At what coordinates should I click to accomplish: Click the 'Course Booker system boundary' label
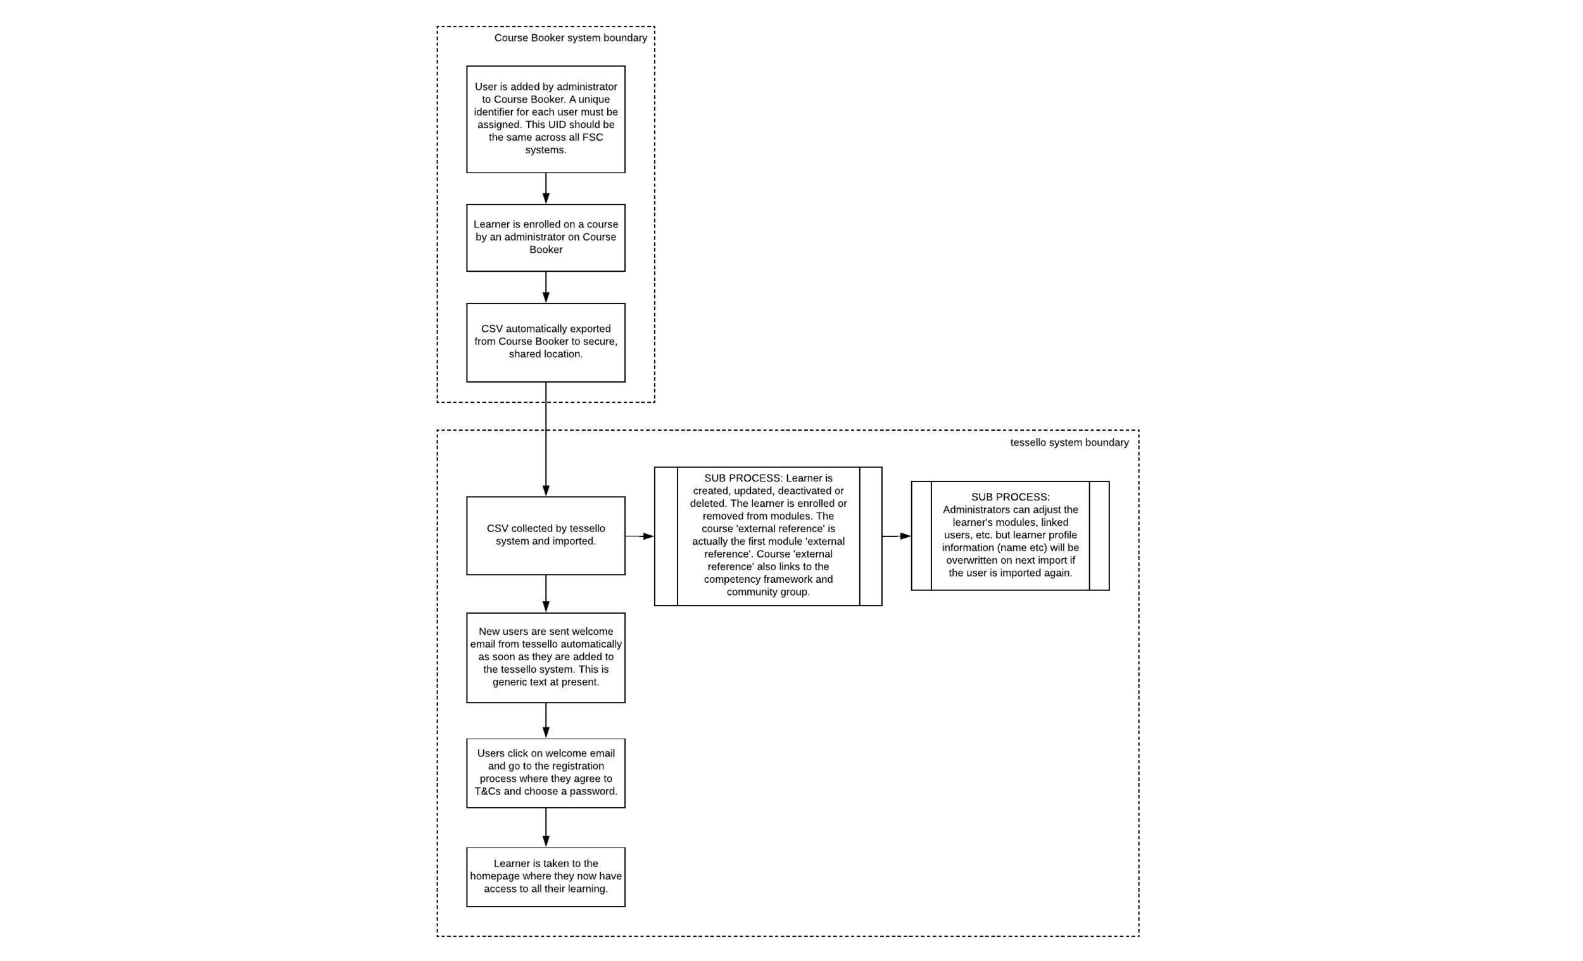[x=571, y=38]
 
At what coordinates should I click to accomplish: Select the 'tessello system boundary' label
[x=1069, y=442]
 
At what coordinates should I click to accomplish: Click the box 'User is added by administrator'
[x=545, y=119]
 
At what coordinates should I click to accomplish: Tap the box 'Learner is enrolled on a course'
[x=545, y=238]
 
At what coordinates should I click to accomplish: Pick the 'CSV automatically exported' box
[x=545, y=343]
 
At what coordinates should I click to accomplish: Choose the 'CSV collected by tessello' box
[x=545, y=535]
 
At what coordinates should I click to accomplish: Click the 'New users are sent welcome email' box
[x=545, y=658]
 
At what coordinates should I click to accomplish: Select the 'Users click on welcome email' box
[x=545, y=773]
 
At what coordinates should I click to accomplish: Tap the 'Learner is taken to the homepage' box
[x=545, y=877]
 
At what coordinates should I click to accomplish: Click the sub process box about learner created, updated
[x=767, y=536]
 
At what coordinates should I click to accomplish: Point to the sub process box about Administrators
[x=1010, y=535]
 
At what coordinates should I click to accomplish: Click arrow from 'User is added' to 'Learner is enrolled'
[x=546, y=188]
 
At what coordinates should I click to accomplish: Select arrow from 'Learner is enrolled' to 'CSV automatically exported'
[x=546, y=288]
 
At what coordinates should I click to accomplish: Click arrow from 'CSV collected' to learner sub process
[x=640, y=535]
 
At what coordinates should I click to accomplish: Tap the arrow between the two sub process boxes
[x=896, y=535]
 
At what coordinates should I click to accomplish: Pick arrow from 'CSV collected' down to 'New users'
[x=546, y=594]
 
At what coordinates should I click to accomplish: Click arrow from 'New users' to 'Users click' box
[x=546, y=720]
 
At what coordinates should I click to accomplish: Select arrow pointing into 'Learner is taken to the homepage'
[x=546, y=827]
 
